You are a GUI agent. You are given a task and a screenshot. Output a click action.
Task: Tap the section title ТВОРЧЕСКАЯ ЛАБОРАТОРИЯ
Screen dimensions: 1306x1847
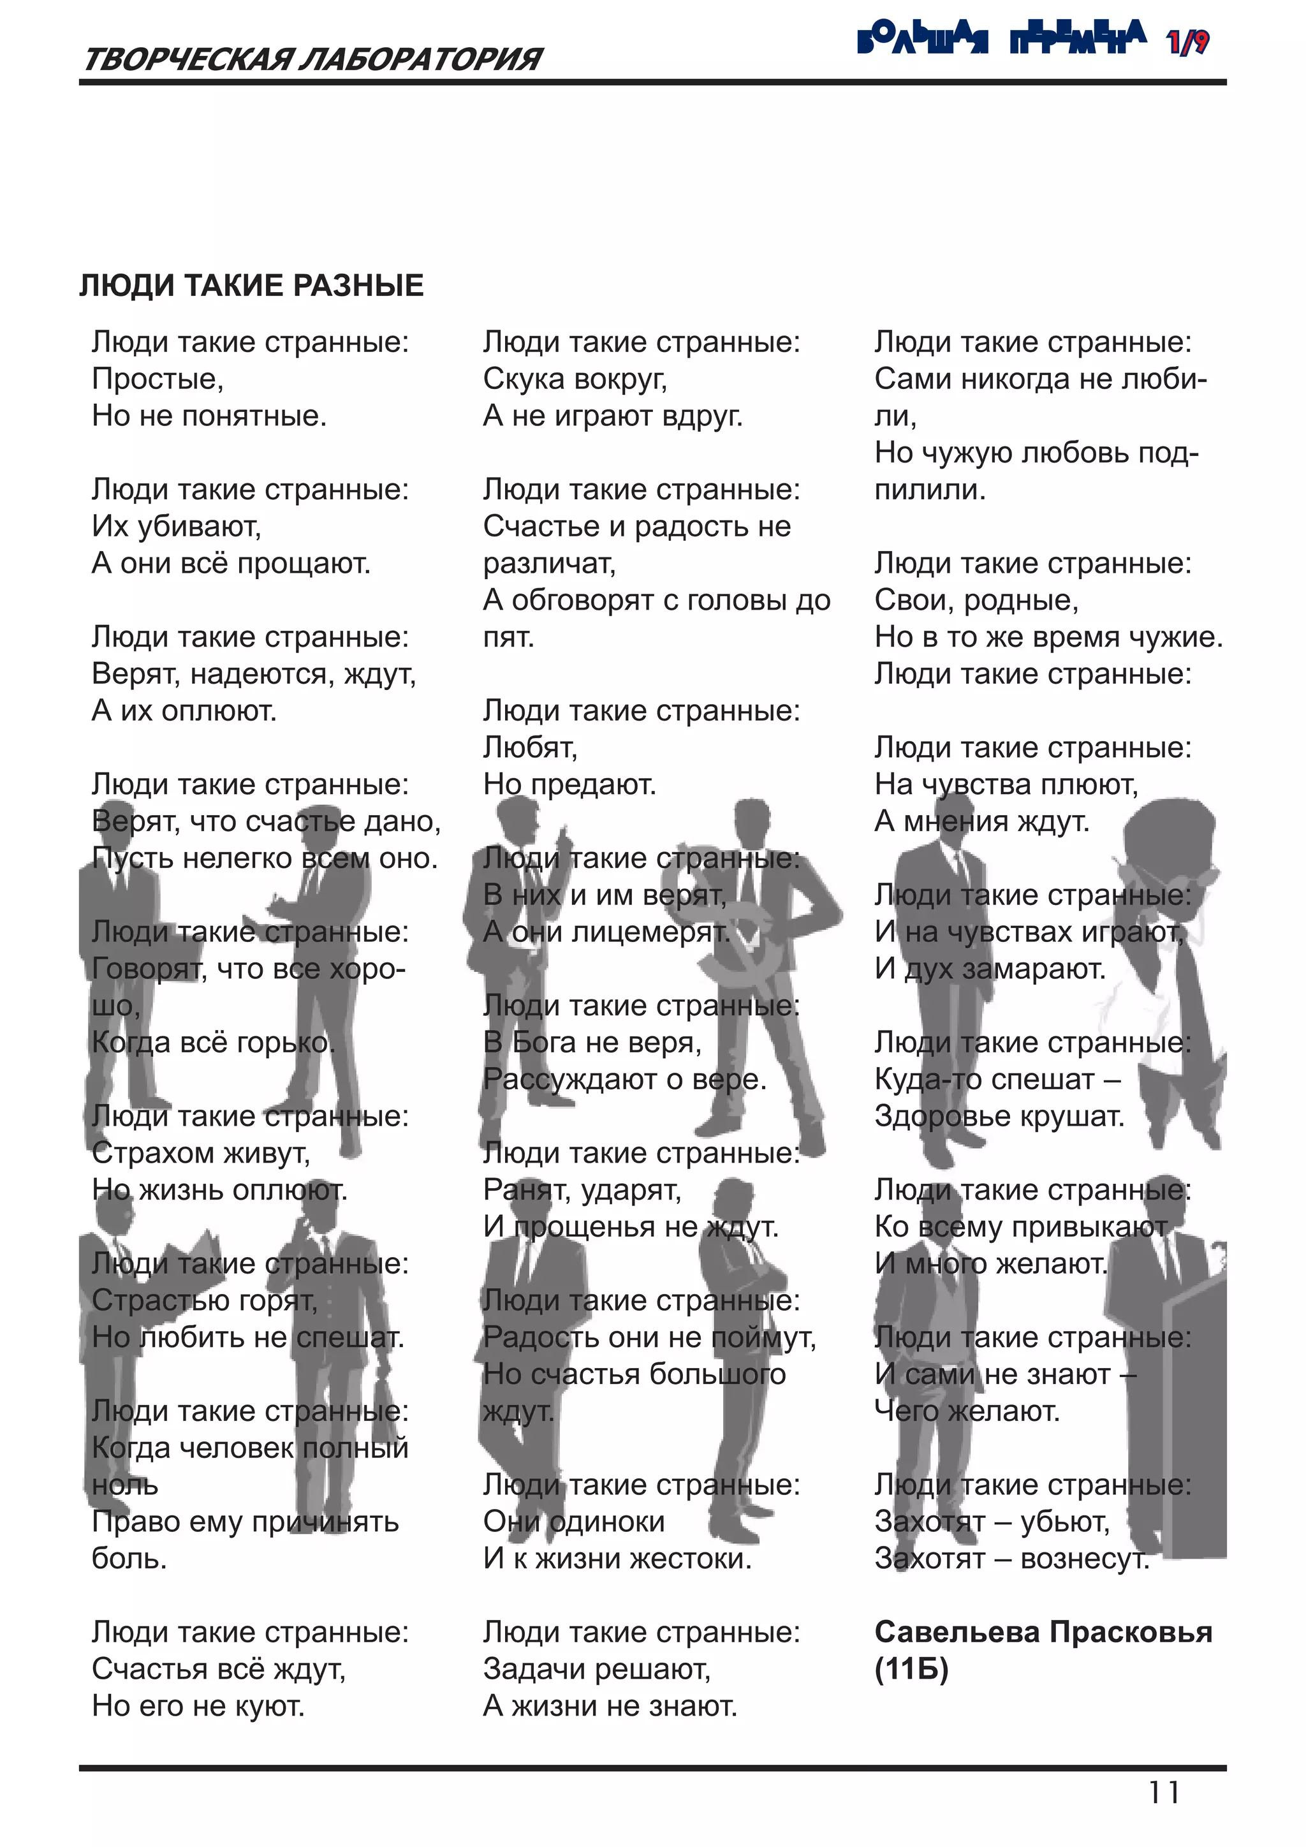(312, 59)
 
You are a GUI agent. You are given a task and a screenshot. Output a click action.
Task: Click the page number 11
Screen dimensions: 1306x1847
(1164, 1793)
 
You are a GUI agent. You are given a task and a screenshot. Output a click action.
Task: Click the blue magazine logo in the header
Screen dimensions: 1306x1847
(1002, 38)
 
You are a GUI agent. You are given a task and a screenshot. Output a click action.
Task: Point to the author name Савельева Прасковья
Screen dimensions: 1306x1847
(1043, 1632)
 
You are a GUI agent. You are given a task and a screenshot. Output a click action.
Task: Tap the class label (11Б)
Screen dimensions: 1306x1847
(912, 1669)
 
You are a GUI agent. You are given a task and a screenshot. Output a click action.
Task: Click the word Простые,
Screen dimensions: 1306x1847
(158, 379)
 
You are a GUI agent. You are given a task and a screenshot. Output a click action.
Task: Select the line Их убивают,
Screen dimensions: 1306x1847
(177, 527)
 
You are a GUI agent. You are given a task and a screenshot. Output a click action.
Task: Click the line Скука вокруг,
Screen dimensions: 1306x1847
(575, 379)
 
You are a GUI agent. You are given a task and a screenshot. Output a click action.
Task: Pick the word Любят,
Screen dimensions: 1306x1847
(531, 748)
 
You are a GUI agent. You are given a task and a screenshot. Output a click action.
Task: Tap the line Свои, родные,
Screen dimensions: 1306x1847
(976, 601)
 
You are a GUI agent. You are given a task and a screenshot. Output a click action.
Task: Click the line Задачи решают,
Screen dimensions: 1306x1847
(597, 1669)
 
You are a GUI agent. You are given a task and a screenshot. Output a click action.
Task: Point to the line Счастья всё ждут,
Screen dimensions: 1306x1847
(219, 1669)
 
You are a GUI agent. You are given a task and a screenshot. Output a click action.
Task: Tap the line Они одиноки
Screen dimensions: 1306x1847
(574, 1522)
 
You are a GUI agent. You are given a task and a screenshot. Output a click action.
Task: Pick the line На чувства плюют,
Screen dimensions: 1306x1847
(1007, 785)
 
